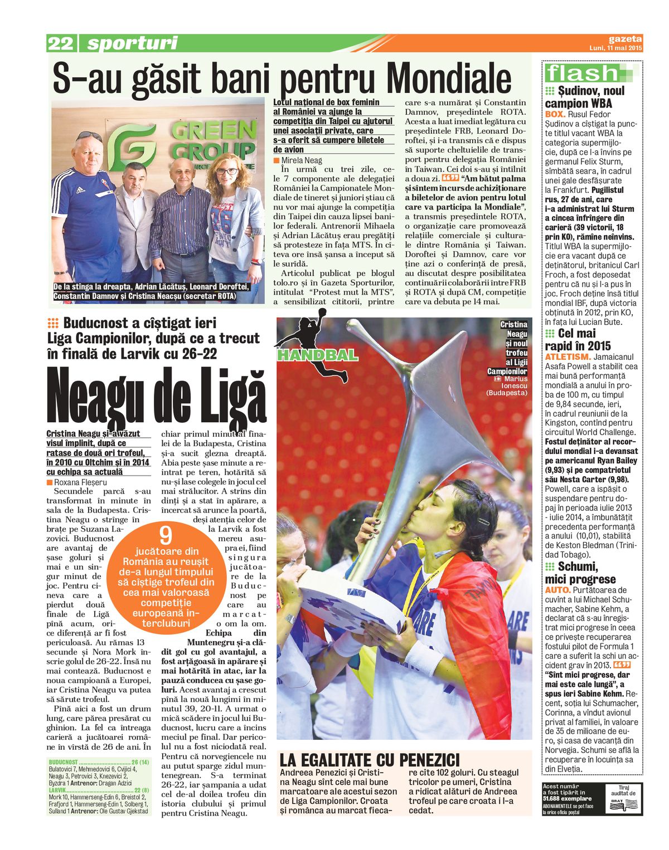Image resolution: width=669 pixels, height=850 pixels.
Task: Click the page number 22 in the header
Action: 60,43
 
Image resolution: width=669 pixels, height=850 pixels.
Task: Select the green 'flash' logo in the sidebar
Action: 582,73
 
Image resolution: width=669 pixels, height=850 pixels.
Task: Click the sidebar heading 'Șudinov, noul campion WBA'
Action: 584,97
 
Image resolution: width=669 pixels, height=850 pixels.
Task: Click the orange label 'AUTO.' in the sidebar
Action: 557,590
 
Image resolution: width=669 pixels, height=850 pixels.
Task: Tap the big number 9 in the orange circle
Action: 166,536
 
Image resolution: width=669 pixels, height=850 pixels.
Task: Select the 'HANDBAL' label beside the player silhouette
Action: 318,355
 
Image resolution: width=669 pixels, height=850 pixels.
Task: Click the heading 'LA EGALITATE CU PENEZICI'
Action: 370,760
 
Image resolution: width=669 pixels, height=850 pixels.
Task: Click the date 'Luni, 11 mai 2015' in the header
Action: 615,48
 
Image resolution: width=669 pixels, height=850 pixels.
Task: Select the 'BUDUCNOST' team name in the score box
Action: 63,762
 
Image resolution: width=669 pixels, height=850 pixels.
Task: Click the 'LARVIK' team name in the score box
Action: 57,790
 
